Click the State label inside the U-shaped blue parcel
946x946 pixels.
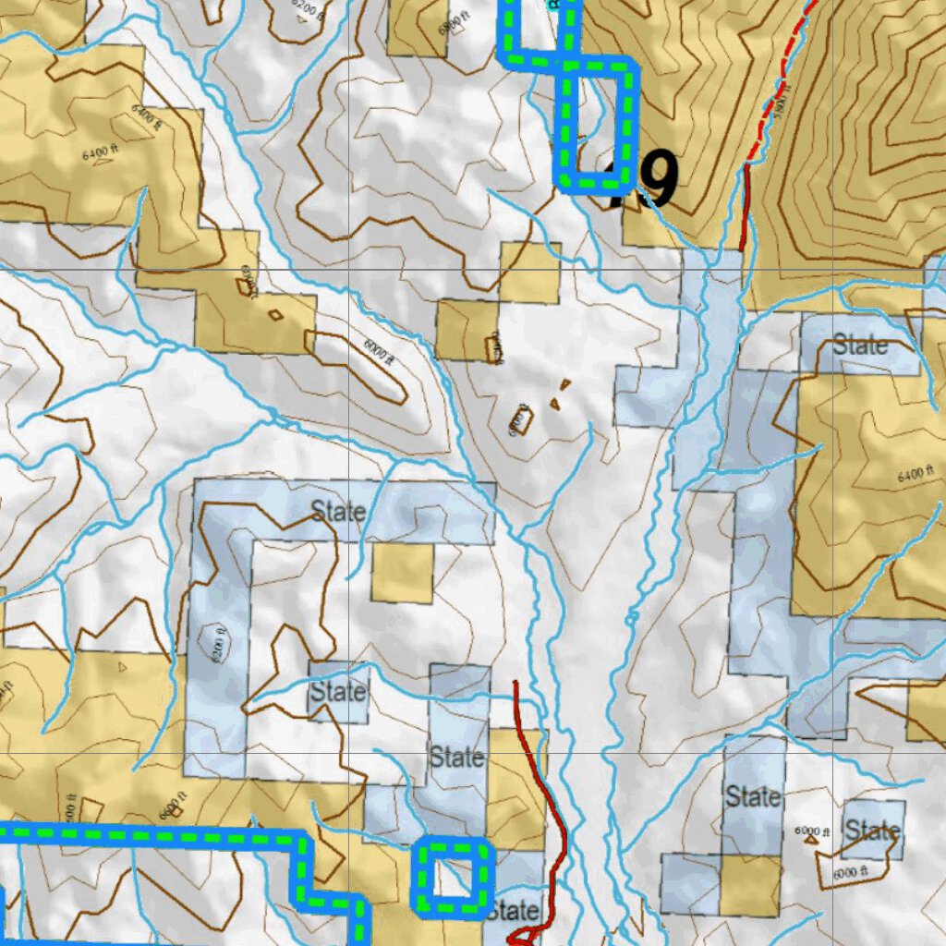(337, 510)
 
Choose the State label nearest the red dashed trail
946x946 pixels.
(860, 346)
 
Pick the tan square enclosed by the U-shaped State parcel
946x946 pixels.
(402, 573)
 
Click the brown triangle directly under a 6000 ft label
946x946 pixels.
(812, 842)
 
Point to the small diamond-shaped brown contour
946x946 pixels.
(275, 315)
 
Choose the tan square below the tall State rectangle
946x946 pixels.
(750, 885)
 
